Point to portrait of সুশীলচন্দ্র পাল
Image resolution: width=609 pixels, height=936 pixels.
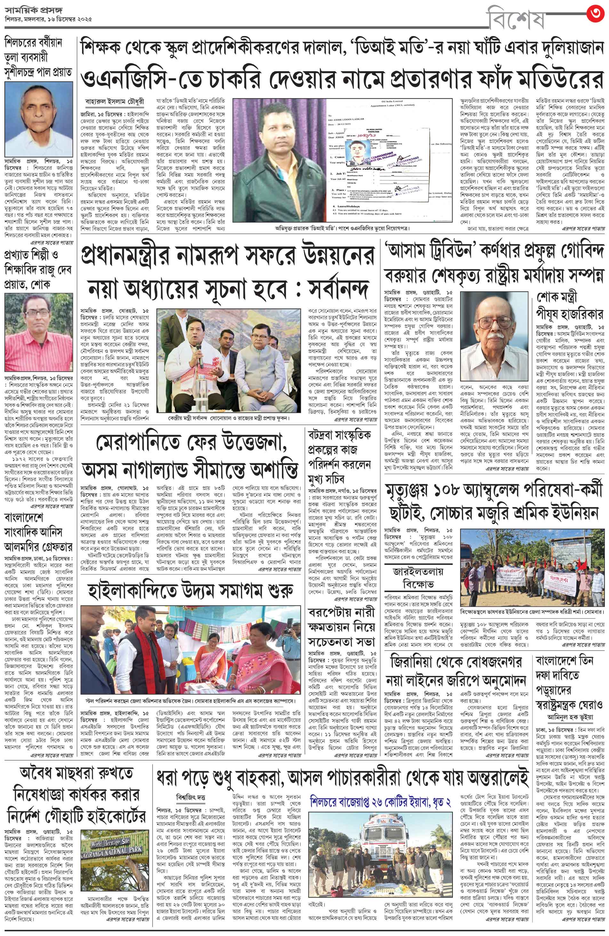38,119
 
